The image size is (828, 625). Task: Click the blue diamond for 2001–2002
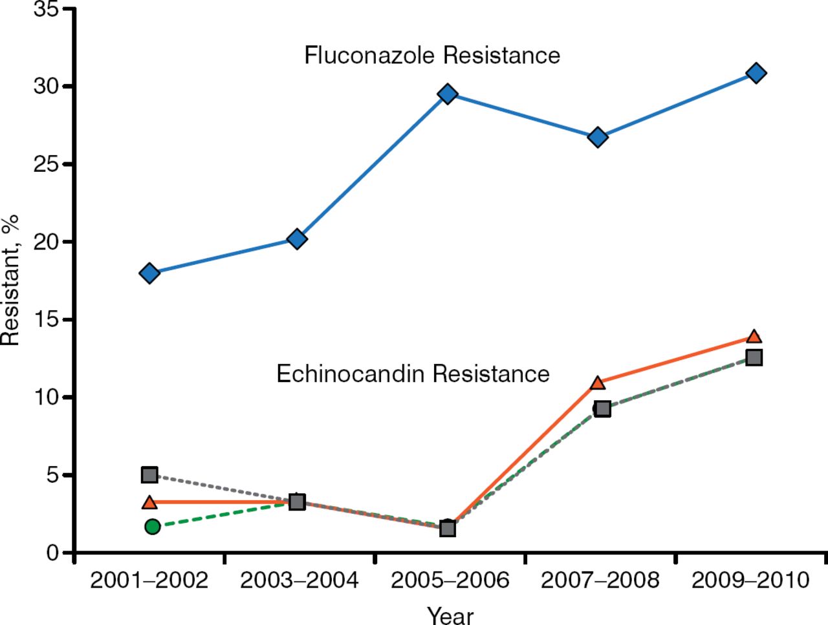coord(149,273)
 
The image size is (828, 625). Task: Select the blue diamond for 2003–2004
coord(297,239)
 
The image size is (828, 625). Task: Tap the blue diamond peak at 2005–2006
coord(448,94)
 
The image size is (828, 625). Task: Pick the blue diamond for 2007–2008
coord(598,137)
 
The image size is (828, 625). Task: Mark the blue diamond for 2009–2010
coord(756,73)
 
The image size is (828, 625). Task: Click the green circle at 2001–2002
coord(152,527)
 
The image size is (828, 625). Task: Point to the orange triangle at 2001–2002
coord(149,502)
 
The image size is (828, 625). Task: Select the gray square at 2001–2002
coord(149,475)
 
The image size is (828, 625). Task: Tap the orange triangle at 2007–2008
coord(598,383)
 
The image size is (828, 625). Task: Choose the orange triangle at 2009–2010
coord(754,336)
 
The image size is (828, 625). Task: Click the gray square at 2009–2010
coord(754,357)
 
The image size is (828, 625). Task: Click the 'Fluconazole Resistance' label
coord(432,56)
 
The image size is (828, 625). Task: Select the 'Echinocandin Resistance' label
coord(413,374)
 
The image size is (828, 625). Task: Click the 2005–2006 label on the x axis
coord(450,580)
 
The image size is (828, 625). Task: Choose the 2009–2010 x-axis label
coord(750,580)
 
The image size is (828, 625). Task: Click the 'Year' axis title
coord(450,615)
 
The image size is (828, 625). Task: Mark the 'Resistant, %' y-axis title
coord(10,279)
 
